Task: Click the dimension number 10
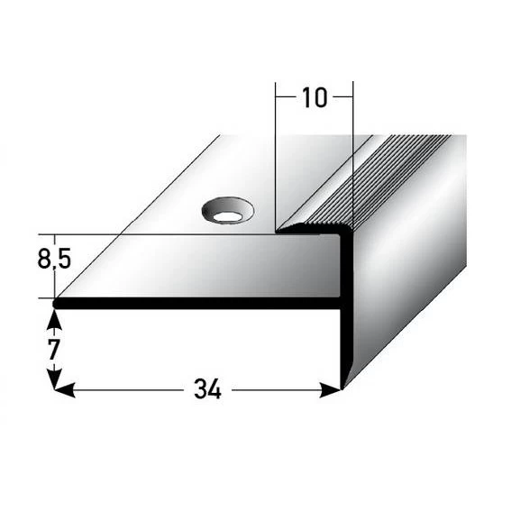point(314,97)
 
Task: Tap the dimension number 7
point(55,348)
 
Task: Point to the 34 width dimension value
point(207,389)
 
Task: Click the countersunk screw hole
point(227,212)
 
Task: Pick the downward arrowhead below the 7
point(55,380)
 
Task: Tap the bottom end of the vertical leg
point(343,385)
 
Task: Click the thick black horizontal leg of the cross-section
point(198,305)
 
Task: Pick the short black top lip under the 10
point(311,233)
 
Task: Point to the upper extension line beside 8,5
point(135,234)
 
